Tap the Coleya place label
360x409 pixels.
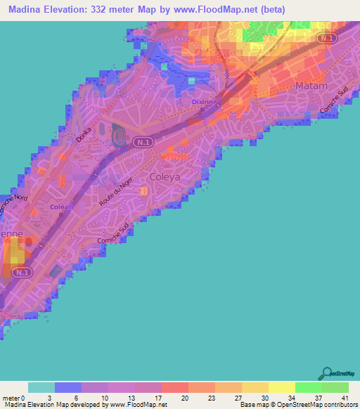[x=165, y=177]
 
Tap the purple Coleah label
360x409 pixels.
[x=62, y=207]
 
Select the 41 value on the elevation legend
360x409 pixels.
[x=343, y=397]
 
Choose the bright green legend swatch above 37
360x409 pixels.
[x=309, y=387]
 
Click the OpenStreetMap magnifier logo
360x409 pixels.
[x=327, y=374]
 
